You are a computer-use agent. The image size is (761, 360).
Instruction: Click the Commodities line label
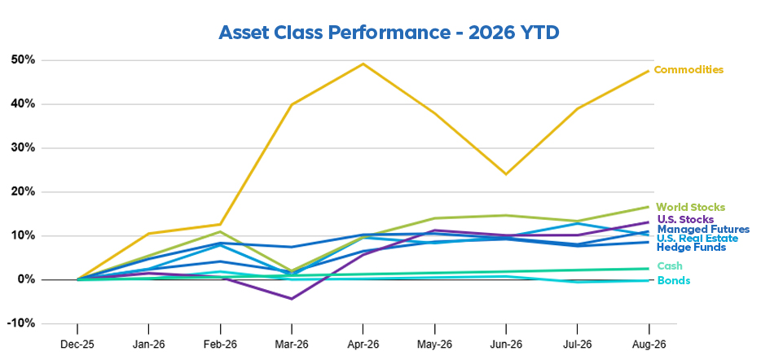tap(688, 70)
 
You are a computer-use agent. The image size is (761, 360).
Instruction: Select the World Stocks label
tap(691, 207)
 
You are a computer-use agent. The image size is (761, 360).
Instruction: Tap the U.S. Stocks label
tap(685, 220)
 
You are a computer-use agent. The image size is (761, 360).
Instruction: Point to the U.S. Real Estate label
tap(697, 238)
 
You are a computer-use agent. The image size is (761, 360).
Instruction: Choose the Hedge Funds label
tap(691, 248)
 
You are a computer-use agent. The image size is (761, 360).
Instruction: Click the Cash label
tap(670, 266)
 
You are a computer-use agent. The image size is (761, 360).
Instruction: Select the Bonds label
tap(674, 280)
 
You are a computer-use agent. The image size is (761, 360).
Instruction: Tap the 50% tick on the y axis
tap(21, 60)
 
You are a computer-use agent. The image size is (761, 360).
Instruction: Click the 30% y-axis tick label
tap(21, 148)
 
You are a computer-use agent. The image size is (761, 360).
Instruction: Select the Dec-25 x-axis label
tap(77, 345)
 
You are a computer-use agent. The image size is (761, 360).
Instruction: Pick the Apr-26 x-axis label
tap(363, 345)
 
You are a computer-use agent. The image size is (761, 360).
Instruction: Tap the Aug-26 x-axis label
tap(649, 345)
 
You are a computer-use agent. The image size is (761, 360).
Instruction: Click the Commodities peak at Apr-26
tap(363, 64)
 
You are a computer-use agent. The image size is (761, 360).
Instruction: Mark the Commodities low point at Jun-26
tap(506, 174)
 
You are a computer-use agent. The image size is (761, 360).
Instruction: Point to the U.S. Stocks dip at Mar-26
tap(291, 299)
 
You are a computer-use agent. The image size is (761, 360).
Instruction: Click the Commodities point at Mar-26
tap(291, 104)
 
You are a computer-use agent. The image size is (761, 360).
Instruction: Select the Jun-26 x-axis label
tap(506, 345)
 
